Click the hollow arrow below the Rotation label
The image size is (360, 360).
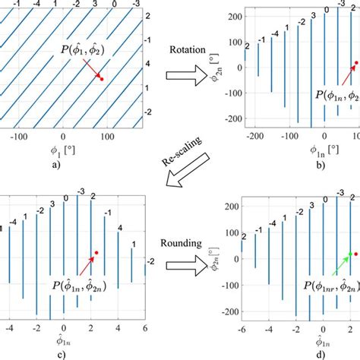point(182,75)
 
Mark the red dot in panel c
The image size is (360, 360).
point(96,252)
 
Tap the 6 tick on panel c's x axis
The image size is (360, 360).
point(144,327)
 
